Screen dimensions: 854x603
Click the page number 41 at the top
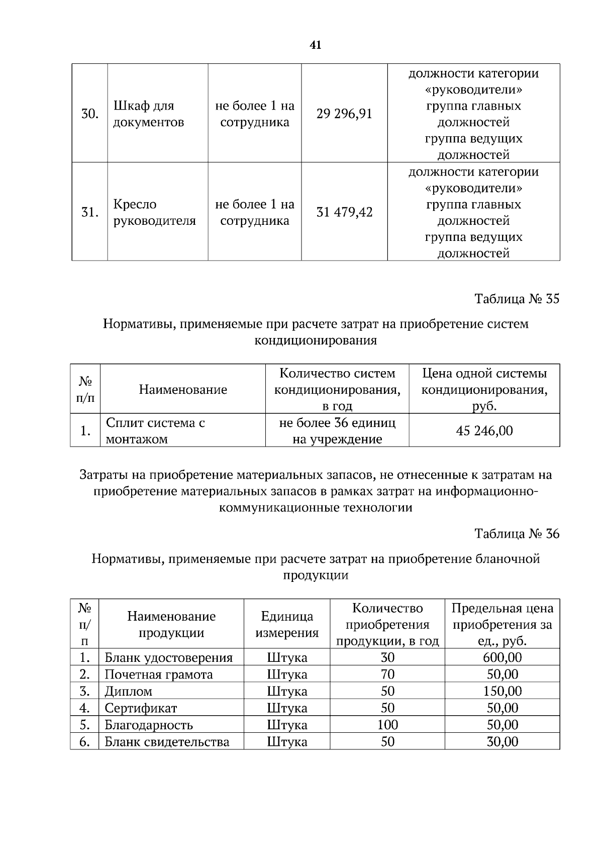tap(316, 45)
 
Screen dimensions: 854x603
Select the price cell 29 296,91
tap(344, 114)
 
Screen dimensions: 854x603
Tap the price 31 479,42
tap(344, 212)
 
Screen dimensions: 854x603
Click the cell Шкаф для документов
tap(148, 114)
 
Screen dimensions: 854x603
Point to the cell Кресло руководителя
tap(154, 212)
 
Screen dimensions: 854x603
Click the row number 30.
tap(89, 114)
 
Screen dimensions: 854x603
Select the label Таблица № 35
tap(517, 299)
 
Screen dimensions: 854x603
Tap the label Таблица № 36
tap(517, 534)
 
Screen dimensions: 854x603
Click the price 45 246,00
tap(484, 431)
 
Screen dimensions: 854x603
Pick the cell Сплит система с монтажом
tap(155, 431)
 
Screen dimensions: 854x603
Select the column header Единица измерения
tap(287, 624)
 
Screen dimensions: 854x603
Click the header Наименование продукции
tap(171, 624)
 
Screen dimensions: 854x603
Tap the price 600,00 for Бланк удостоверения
tap(502, 657)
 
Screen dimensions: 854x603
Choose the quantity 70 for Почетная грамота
tap(387, 674)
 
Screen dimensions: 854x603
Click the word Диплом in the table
tap(128, 691)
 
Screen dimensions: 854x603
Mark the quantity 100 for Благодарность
tap(387, 725)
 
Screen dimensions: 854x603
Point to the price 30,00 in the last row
tap(502, 742)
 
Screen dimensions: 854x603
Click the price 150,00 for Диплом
tap(502, 691)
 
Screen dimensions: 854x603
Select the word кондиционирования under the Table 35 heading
tap(316, 340)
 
